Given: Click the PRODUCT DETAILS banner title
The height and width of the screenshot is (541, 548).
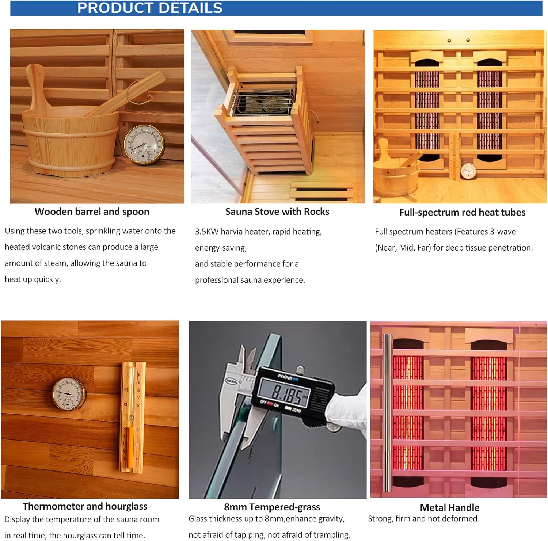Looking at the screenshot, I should [x=149, y=8].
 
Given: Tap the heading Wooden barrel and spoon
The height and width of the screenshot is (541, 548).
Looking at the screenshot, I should [x=92, y=212].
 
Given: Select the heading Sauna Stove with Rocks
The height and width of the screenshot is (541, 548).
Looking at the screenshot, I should [x=277, y=212].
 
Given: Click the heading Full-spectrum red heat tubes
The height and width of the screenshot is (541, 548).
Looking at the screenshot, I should [x=462, y=213].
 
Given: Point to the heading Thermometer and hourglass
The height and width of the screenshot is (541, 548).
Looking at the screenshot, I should [x=85, y=506].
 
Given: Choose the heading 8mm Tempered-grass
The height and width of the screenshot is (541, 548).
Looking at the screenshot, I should [x=272, y=507].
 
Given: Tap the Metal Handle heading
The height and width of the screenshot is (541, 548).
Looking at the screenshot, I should [x=449, y=508].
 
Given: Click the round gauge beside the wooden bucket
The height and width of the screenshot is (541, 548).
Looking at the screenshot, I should [x=144, y=144].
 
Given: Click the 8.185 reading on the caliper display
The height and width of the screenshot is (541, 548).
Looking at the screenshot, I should [x=287, y=394].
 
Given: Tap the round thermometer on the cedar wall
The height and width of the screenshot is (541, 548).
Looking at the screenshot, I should [x=69, y=394].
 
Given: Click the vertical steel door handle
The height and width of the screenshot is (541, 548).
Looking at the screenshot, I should [x=387, y=413].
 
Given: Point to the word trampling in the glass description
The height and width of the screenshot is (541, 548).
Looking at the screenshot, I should [x=332, y=535].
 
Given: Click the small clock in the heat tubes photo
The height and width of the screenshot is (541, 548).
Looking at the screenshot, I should [x=468, y=170].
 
